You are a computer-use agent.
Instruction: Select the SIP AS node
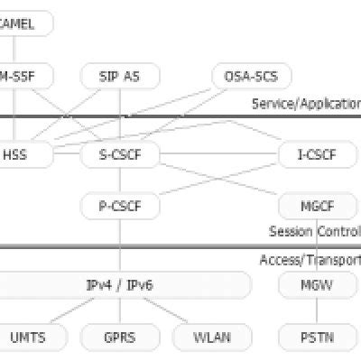click(120, 75)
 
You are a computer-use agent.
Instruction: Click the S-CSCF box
click(120, 154)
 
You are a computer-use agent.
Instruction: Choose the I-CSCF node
click(317, 154)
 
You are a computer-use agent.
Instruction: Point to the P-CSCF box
click(120, 206)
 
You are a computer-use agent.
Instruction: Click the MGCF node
click(317, 206)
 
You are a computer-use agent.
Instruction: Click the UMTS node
click(28, 338)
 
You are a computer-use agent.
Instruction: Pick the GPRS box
click(120, 338)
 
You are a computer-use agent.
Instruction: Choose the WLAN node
click(211, 338)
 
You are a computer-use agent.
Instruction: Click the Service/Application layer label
click(306, 103)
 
